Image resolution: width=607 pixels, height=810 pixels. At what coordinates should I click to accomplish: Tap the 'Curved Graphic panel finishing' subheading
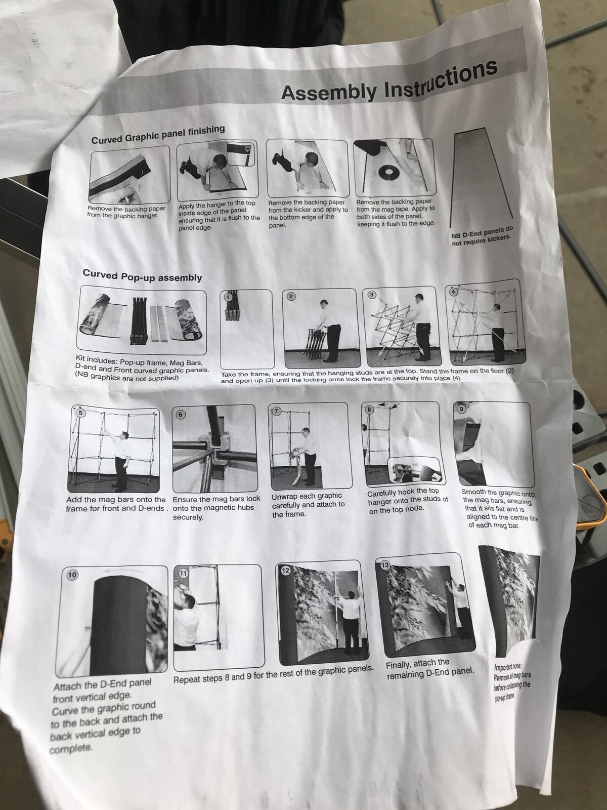pos(158,135)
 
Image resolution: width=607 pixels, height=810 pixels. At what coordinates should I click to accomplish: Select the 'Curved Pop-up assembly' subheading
pos(142,276)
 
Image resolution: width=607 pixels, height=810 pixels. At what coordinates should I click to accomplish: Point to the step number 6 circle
pos(180,415)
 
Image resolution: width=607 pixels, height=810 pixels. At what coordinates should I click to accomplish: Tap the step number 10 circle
pos(72,575)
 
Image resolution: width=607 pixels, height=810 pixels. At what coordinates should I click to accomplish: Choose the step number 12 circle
pos(286,571)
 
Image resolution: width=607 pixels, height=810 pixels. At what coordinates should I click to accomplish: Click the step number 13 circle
pos(385,565)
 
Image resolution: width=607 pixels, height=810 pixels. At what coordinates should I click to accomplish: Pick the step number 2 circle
pos(291,296)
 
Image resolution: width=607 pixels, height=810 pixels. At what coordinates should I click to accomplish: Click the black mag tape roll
pos(389,172)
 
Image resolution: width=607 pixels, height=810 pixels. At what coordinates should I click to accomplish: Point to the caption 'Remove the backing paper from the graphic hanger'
pos(126,212)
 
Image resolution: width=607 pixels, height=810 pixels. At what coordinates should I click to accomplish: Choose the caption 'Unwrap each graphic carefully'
pos(308,504)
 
